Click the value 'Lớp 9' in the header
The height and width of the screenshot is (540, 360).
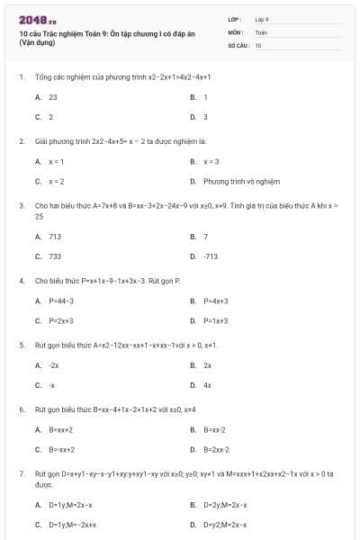pos(263,19)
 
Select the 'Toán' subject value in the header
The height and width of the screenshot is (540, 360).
pos(261,31)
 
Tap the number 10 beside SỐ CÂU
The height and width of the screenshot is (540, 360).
pos(258,44)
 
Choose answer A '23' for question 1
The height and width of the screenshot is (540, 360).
pos(53,96)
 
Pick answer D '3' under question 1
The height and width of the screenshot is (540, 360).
pos(205,117)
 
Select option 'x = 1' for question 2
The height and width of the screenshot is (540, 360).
pos(57,161)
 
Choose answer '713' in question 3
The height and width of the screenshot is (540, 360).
pos(55,236)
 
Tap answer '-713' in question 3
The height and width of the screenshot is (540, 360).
pos(211,256)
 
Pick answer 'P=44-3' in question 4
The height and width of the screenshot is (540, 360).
pos(61,301)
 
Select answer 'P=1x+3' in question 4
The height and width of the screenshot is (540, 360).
pos(216,320)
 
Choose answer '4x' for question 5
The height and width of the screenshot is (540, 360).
pos(208,385)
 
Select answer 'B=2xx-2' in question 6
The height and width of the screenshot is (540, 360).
pos(216,449)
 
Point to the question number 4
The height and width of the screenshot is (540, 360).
pos(21,281)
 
